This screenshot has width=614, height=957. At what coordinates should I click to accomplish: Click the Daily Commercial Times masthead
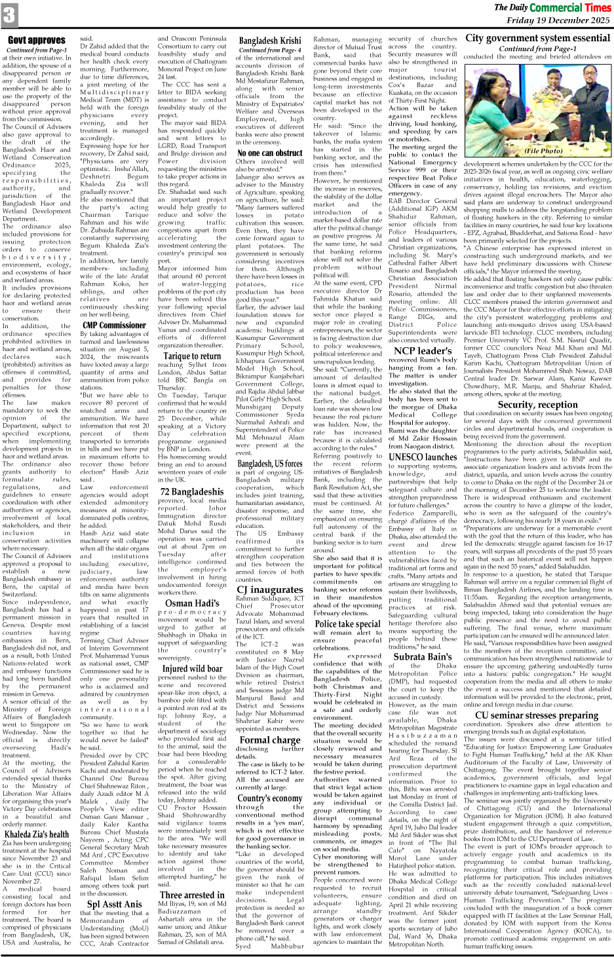(x=552, y=7)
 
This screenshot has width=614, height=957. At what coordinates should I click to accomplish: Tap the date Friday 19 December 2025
(x=558, y=20)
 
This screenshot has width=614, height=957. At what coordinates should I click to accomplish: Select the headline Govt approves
(x=36, y=41)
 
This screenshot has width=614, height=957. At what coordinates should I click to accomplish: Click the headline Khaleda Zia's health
(x=37, y=834)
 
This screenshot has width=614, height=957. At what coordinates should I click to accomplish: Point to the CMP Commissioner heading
(x=114, y=325)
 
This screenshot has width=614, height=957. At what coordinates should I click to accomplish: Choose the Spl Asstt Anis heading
(x=114, y=904)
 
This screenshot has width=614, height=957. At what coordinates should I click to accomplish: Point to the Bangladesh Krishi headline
(x=270, y=41)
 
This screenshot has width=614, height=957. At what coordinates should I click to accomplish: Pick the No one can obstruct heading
(x=270, y=153)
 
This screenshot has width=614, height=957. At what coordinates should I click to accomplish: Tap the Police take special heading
(x=347, y=624)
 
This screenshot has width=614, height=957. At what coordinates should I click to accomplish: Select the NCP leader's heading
(x=424, y=350)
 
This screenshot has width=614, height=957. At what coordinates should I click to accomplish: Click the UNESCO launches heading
(x=423, y=457)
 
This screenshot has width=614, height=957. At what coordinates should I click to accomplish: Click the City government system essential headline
(x=537, y=38)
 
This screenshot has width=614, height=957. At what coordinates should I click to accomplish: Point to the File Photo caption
(x=543, y=151)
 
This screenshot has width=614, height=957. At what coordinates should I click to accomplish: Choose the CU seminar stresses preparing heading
(x=537, y=715)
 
